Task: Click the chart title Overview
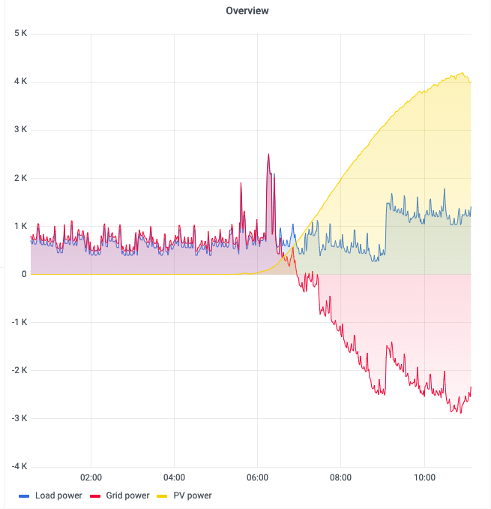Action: click(x=247, y=11)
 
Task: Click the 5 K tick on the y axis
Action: click(x=19, y=34)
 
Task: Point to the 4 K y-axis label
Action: click(x=19, y=82)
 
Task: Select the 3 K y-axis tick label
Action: click(x=19, y=130)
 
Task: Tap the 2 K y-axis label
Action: click(x=19, y=178)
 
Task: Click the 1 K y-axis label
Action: click(x=19, y=226)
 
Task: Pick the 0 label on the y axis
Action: click(x=24, y=274)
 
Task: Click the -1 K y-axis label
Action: click(x=18, y=322)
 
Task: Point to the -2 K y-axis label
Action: click(x=18, y=370)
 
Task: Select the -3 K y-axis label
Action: click(x=18, y=418)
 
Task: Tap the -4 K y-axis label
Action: click(x=18, y=466)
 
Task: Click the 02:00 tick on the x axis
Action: click(x=91, y=477)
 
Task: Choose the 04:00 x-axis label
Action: click(x=174, y=477)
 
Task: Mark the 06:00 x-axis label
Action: click(x=257, y=477)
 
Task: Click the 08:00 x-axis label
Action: click(x=340, y=477)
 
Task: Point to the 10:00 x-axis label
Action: click(x=424, y=477)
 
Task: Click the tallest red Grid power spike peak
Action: click(x=268, y=155)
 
